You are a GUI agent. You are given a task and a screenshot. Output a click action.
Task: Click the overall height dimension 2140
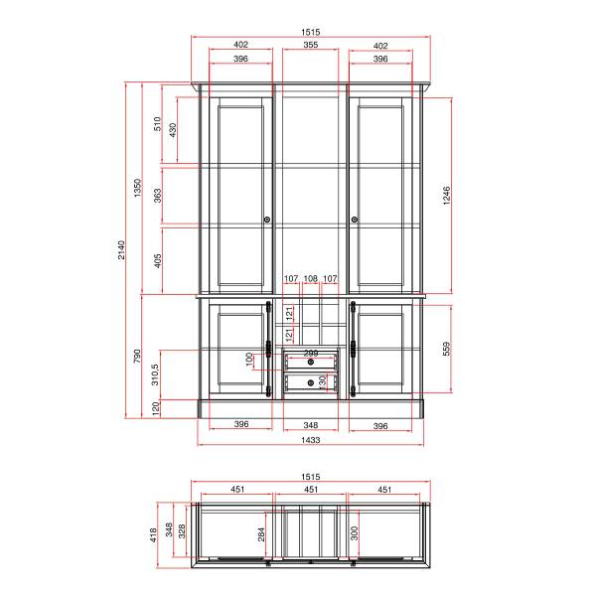point(121,249)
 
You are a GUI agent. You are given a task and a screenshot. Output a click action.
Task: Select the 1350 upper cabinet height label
point(138,188)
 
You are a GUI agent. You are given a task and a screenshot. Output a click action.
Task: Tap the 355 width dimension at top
point(311,45)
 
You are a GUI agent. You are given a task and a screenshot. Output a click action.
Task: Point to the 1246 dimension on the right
point(447,196)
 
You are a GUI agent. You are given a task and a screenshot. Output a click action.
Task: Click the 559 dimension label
point(447,349)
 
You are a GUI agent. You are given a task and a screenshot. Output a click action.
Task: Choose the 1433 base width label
point(311,440)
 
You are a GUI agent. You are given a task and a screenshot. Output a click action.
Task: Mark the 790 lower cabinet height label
point(137,356)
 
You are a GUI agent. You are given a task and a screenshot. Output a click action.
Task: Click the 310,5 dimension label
point(155,374)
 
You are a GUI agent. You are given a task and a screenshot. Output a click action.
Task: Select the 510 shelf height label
point(157,124)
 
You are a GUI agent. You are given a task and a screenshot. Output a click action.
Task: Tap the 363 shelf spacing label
point(157,196)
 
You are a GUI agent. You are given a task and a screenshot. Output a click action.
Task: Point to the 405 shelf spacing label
point(158,260)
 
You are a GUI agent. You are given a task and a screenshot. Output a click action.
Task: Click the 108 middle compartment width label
point(311,278)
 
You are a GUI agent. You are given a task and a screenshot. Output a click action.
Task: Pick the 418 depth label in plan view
point(153,534)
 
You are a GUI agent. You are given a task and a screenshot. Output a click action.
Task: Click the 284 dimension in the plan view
point(261,534)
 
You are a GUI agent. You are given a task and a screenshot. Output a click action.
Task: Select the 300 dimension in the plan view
point(355,533)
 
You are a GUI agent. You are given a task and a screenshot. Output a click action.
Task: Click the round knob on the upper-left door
point(267,220)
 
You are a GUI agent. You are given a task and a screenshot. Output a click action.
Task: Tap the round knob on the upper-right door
point(355,220)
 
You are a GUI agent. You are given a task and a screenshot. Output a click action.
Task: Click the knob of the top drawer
point(311,362)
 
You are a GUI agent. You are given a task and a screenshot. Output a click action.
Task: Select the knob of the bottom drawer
point(311,382)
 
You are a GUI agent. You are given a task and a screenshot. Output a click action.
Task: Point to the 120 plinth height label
point(156,409)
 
